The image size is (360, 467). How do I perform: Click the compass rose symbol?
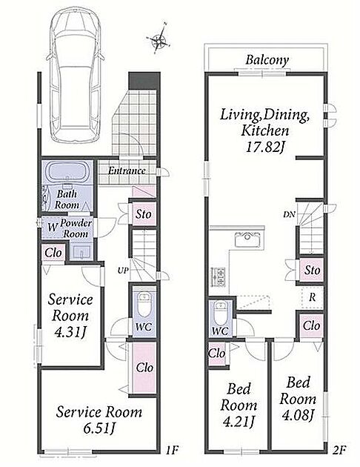(159, 38)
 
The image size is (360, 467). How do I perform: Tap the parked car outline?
(76, 75)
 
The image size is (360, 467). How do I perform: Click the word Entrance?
(127, 170)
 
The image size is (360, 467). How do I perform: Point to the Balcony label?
(267, 60)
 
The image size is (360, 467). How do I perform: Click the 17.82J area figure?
(264, 147)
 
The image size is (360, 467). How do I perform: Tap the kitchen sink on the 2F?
(247, 239)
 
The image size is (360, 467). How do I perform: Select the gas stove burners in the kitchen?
(218, 277)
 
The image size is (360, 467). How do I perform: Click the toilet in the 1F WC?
(144, 305)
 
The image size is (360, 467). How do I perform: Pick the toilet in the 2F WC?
(221, 314)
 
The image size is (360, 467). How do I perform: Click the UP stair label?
(123, 271)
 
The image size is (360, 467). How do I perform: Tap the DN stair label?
(289, 214)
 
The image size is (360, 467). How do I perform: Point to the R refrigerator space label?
(312, 297)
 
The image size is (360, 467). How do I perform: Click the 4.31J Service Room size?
(70, 332)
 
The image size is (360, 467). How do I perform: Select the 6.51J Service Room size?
(99, 428)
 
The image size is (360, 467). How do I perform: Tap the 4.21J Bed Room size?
(239, 421)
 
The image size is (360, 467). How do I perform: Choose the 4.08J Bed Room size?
(298, 415)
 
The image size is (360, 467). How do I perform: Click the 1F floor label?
(173, 450)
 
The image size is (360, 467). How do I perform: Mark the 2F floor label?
(339, 450)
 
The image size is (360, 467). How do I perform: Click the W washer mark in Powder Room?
(53, 228)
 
